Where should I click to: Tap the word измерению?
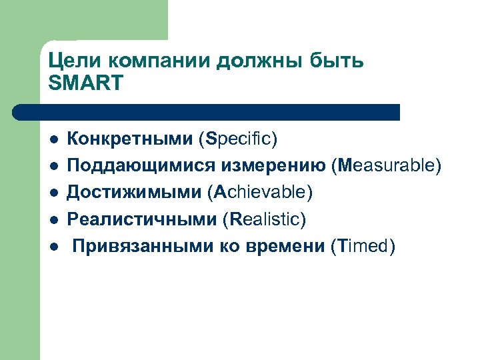pyautogui.click(x=269, y=165)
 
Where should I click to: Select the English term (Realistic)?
pyautogui.click(x=265, y=219)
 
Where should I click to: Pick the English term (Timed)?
pyautogui.click(x=363, y=246)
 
